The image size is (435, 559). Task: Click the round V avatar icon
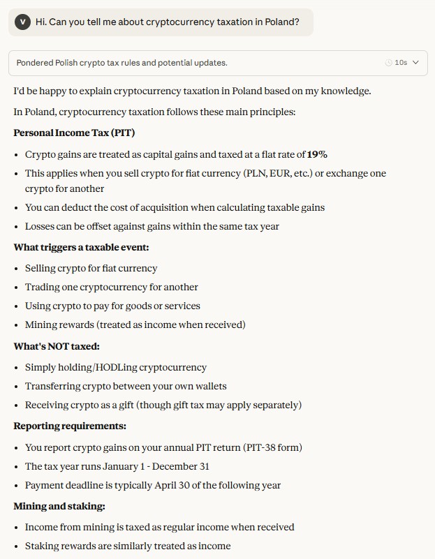click(23, 22)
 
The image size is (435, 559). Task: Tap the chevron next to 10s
click(416, 63)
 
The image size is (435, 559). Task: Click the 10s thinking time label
click(400, 63)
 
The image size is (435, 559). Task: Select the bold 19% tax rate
click(317, 154)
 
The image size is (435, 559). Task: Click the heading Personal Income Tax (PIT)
click(74, 133)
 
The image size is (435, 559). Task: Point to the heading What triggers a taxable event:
click(81, 247)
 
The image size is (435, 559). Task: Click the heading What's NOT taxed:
click(57, 346)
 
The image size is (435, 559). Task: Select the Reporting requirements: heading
click(70, 426)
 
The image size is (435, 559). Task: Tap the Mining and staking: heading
click(59, 506)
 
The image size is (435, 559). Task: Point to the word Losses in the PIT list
click(40, 226)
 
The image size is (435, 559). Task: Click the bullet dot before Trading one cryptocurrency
click(17, 288)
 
